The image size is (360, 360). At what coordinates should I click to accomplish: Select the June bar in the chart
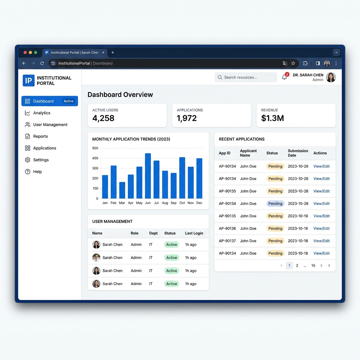(148, 176)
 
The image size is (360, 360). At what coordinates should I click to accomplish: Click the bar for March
(122, 190)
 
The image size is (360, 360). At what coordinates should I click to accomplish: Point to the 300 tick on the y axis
(95, 168)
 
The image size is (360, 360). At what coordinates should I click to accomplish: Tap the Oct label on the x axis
(182, 203)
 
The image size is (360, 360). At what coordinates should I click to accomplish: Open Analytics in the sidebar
(41, 113)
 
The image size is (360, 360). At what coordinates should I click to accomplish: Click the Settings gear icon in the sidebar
(27, 160)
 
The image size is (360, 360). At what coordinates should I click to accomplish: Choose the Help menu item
(33, 172)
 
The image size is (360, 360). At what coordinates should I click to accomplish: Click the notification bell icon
(284, 77)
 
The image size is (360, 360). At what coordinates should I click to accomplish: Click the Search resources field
(246, 77)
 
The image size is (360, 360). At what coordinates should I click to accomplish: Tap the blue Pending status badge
(275, 204)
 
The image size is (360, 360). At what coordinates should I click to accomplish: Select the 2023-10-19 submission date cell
(298, 216)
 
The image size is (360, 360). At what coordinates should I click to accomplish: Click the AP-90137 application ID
(227, 241)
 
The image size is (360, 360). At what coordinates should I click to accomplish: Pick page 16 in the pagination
(313, 266)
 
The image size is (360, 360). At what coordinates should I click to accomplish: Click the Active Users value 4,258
(103, 118)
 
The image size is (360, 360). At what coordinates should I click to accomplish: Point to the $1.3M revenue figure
(272, 118)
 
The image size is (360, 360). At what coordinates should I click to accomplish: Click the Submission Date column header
(298, 153)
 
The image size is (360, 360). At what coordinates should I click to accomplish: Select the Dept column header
(153, 233)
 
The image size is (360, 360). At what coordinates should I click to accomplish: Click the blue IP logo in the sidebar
(28, 81)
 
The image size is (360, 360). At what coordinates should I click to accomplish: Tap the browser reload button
(42, 63)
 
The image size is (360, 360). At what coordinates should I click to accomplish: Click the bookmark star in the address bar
(293, 63)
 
